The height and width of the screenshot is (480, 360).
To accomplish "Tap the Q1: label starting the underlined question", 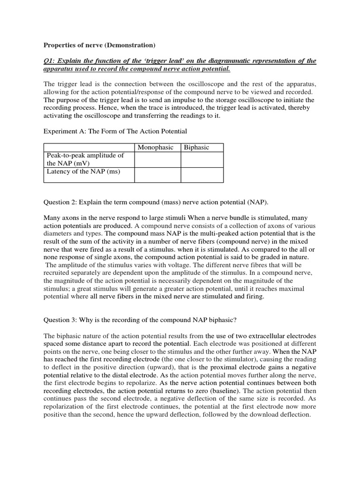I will pos(51,61).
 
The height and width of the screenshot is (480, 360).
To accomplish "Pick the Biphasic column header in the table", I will pos(197,148).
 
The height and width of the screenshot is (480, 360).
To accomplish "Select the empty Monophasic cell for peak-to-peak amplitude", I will pos(158,159).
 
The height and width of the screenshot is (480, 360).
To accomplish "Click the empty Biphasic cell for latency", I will pos(202,175).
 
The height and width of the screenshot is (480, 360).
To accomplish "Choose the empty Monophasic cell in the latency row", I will pos(158,175).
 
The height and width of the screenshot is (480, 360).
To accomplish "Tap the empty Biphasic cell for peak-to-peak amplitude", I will pos(202,159).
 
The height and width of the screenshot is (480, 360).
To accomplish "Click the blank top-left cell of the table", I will pos(89,148).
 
